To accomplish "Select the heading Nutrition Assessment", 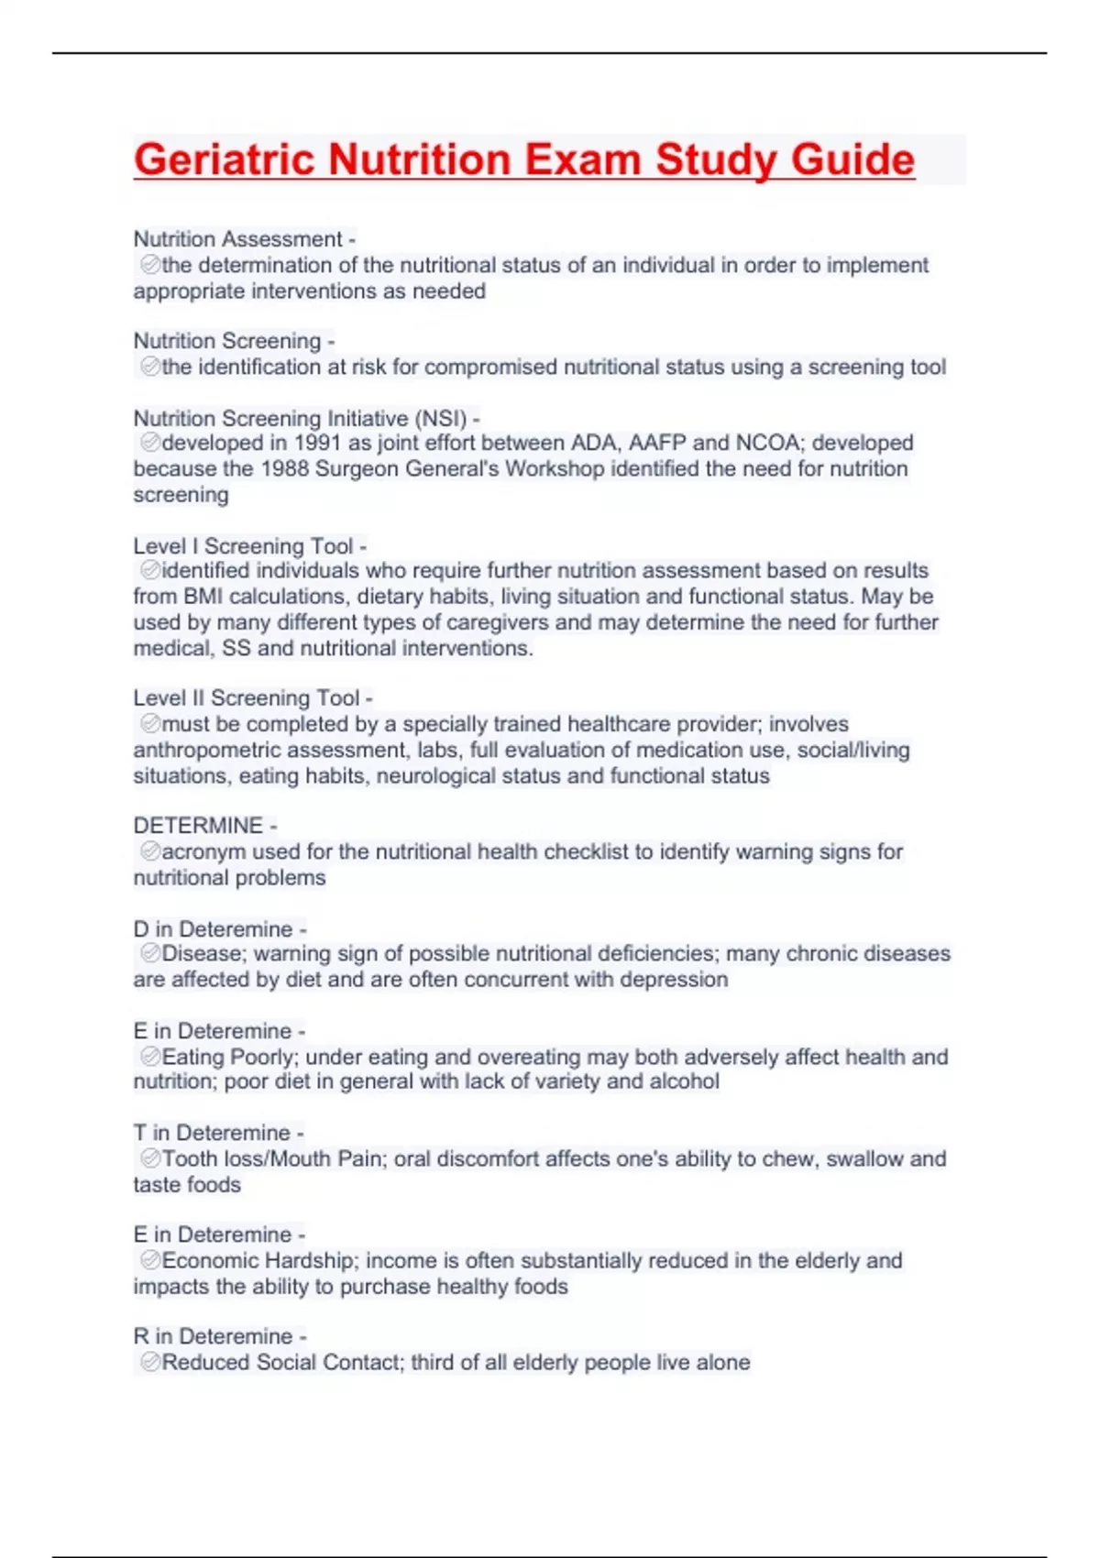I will (x=238, y=239).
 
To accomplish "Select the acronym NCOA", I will (x=768, y=444).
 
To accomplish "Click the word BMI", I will (x=203, y=597).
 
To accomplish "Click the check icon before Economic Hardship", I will (x=150, y=1260).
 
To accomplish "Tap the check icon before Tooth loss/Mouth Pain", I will (x=150, y=1158).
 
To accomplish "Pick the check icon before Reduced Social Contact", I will (x=150, y=1362).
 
